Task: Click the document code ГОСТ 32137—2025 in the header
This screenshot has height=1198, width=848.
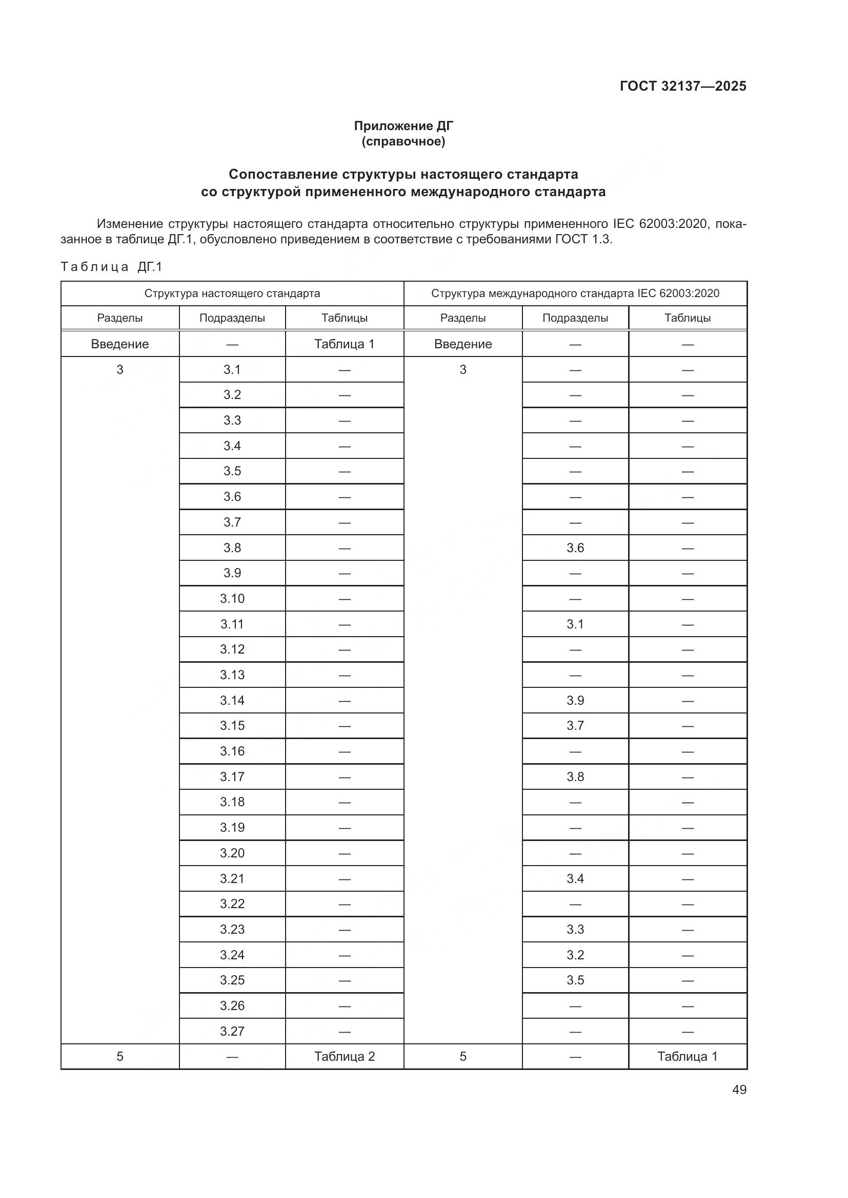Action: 683,86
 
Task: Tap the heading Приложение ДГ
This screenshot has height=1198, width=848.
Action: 403,126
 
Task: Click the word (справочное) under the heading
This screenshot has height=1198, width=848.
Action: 403,141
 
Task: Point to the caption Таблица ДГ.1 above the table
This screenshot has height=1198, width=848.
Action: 112,267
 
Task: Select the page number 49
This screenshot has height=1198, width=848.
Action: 739,1089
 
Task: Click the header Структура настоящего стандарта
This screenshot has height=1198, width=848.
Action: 232,293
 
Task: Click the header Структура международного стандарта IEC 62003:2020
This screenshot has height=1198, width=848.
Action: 575,293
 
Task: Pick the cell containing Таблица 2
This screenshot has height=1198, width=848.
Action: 344,1057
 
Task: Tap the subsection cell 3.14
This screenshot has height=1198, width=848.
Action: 232,700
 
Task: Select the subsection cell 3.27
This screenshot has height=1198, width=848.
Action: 232,1031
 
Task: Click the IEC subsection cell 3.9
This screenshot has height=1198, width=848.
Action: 575,700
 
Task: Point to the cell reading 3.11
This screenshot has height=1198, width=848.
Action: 232,624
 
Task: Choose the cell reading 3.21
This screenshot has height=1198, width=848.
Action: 232,879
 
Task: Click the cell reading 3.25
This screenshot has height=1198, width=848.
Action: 232,980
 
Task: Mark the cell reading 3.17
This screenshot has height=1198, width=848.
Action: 232,777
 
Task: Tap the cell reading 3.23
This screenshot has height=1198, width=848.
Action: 232,929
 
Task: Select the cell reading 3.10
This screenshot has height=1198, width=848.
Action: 232,598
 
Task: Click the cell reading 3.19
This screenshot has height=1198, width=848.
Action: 232,828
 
